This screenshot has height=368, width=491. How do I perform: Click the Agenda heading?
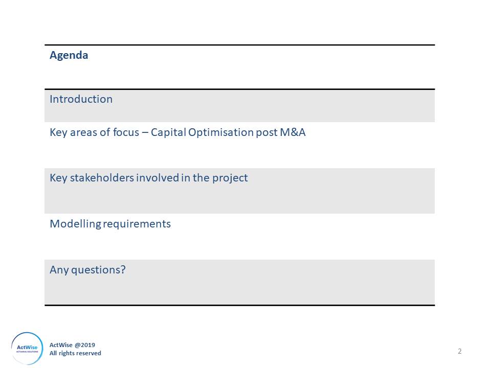coord(69,56)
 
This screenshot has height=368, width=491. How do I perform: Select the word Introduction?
coord(81,99)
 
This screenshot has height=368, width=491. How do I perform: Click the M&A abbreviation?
coord(293,132)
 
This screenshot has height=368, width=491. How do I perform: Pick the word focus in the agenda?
coord(126,132)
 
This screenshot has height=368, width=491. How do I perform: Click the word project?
coord(230,178)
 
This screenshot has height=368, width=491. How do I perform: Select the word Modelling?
coord(76,224)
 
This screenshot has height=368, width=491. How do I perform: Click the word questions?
coord(98,270)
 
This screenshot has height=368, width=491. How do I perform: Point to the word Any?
coord(59,270)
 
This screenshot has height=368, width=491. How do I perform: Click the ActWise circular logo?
coord(27,349)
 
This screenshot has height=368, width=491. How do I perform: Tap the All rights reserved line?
coord(75,353)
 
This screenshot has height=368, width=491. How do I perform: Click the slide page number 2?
coord(460,352)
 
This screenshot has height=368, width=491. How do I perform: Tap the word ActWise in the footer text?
coord(61,345)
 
